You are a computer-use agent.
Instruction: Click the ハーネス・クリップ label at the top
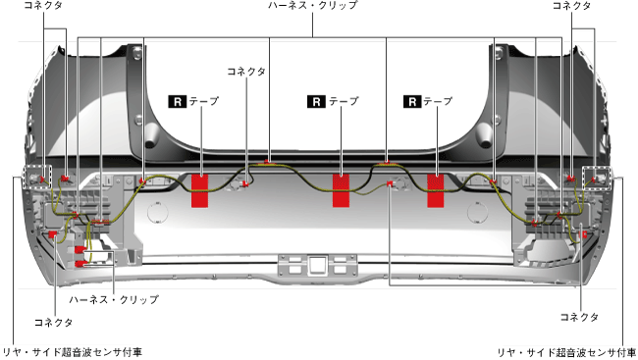point(312,5)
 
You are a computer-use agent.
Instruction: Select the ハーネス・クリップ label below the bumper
point(114,299)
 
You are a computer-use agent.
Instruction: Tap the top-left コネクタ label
point(43,5)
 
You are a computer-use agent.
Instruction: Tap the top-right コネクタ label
point(571,5)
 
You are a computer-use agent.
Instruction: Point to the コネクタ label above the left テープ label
point(246,72)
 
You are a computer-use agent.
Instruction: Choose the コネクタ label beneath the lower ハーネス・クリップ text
point(53,322)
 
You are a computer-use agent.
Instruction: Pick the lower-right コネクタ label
point(579,317)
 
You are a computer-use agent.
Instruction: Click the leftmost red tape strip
point(200,190)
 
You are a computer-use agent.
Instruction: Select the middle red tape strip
point(341,190)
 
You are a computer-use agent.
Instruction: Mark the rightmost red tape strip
point(436,190)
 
